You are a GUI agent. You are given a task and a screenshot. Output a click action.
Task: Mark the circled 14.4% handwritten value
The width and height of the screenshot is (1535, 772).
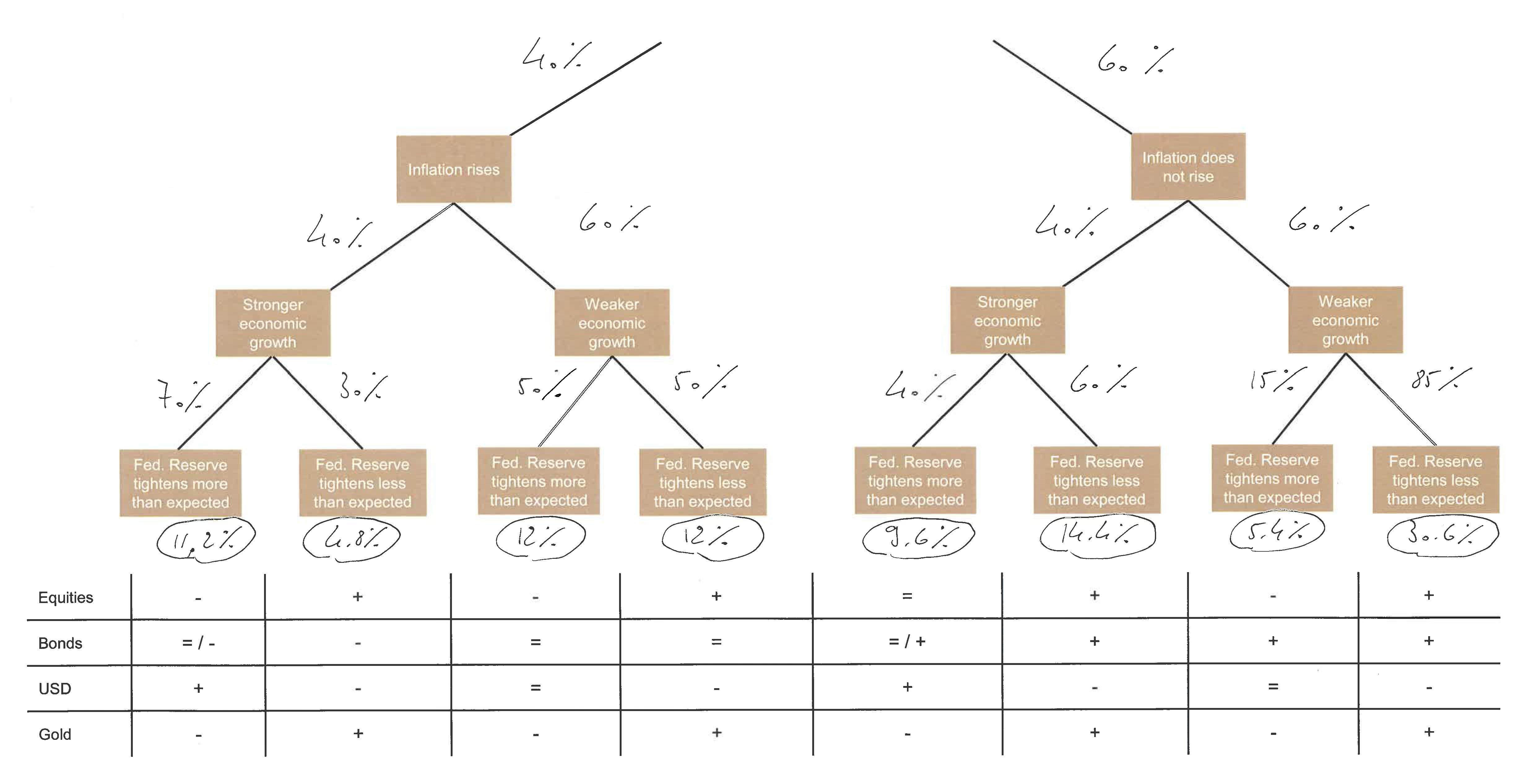[1098, 534]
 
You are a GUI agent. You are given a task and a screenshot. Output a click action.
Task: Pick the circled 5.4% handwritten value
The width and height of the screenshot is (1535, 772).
[1277, 532]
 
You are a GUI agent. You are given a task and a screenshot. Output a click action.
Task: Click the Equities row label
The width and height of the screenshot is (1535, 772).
[66, 597]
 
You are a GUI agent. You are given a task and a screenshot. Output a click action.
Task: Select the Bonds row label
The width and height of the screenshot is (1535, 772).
[60, 643]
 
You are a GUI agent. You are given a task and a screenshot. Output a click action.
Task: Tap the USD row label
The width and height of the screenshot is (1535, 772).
[55, 688]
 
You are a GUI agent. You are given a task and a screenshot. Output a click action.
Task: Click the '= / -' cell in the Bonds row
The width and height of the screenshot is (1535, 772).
[198, 643]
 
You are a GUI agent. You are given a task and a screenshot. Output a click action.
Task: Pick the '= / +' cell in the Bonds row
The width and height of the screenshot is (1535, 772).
[907, 641]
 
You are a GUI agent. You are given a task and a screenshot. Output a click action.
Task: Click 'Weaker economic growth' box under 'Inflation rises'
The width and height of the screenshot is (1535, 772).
[612, 323]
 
